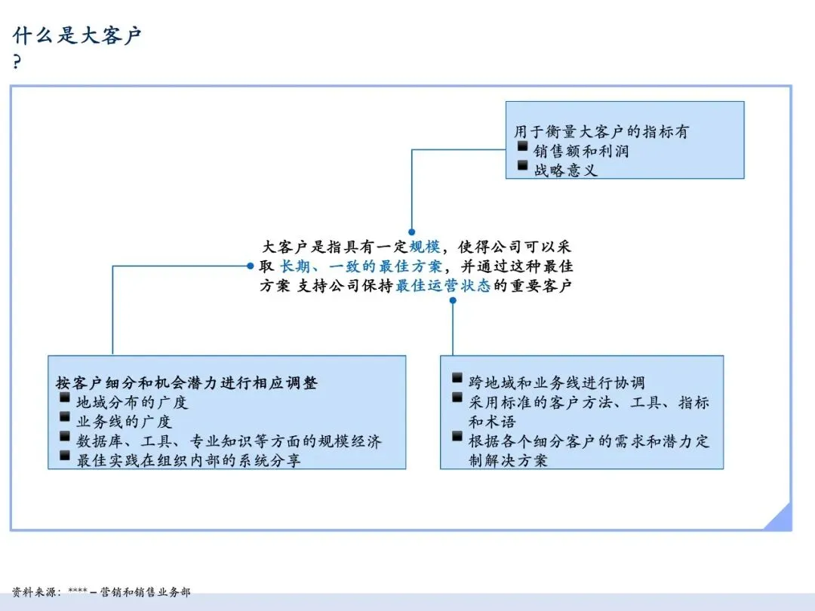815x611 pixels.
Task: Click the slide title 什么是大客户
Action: pyautogui.click(x=77, y=35)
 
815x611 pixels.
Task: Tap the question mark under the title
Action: pyautogui.click(x=17, y=63)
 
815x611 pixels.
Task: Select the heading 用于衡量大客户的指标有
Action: pyautogui.click(x=601, y=132)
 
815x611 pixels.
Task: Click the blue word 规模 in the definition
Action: pyautogui.click(x=424, y=247)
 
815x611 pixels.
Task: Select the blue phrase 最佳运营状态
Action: pyautogui.click(x=443, y=286)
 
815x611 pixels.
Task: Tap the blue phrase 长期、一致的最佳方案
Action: pyautogui.click(x=361, y=266)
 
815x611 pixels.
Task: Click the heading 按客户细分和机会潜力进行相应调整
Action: pyautogui.click(x=187, y=383)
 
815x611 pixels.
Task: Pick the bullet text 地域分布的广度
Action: pyautogui.click(x=132, y=402)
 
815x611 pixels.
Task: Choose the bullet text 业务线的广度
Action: pyautogui.click(x=125, y=422)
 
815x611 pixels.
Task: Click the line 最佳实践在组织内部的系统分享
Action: pyautogui.click(x=189, y=460)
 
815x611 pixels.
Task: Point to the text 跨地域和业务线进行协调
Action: pyautogui.click(x=556, y=383)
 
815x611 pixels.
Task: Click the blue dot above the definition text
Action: pyautogui.click(x=411, y=232)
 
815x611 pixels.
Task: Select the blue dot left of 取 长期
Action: pyautogui.click(x=250, y=266)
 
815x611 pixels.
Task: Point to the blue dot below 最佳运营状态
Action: pyautogui.click(x=453, y=300)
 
